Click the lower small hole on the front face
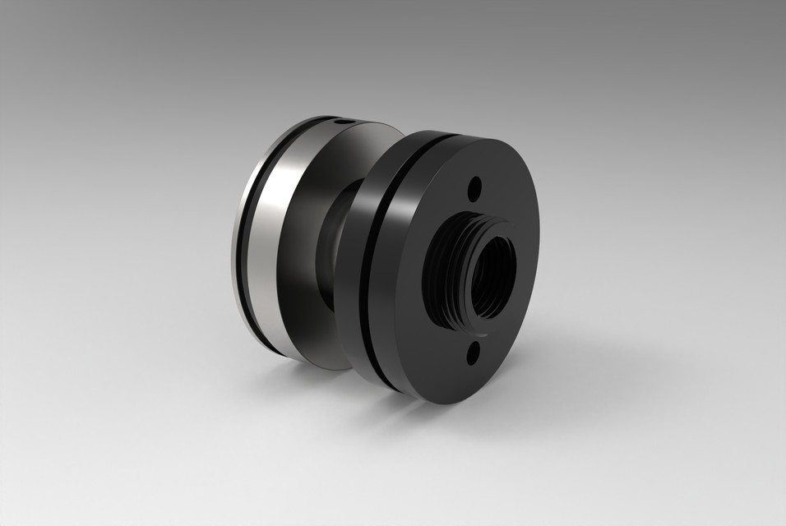(x=474, y=355)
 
